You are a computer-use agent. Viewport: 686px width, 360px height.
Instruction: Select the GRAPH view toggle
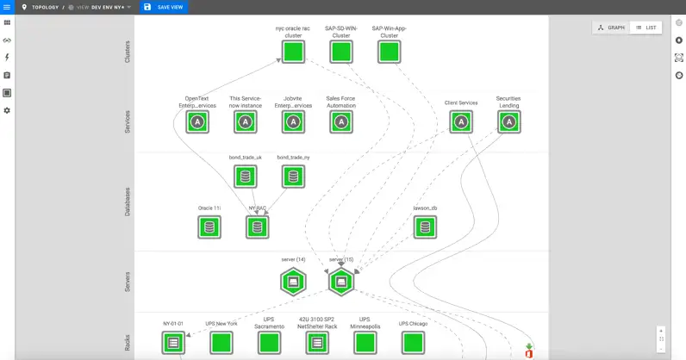click(611, 28)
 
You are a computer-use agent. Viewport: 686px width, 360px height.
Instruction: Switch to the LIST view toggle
click(645, 28)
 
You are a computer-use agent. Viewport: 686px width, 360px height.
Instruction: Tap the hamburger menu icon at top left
click(7, 7)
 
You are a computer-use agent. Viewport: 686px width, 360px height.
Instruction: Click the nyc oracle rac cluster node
click(293, 52)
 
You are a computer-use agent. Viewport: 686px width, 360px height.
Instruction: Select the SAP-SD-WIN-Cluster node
click(341, 52)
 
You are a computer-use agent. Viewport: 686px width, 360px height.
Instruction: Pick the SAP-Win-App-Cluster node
click(390, 52)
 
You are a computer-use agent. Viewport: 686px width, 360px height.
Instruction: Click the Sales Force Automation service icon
click(341, 122)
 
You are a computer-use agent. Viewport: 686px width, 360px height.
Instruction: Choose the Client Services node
click(461, 122)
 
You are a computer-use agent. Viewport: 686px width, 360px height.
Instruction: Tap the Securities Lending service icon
click(509, 122)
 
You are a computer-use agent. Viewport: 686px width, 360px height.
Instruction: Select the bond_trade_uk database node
click(246, 177)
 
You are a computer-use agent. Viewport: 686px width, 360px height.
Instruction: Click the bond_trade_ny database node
click(293, 177)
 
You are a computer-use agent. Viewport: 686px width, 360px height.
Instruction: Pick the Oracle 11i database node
click(209, 227)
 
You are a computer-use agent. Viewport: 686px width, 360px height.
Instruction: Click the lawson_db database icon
click(425, 227)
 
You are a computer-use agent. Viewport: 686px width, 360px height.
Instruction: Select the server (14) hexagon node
click(293, 282)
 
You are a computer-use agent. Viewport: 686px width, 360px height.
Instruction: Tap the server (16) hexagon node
click(341, 282)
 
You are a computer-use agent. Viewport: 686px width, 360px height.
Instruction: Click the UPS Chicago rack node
click(413, 343)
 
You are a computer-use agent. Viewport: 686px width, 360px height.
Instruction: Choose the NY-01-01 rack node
click(173, 343)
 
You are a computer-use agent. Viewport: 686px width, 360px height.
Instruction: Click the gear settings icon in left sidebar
click(7, 110)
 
